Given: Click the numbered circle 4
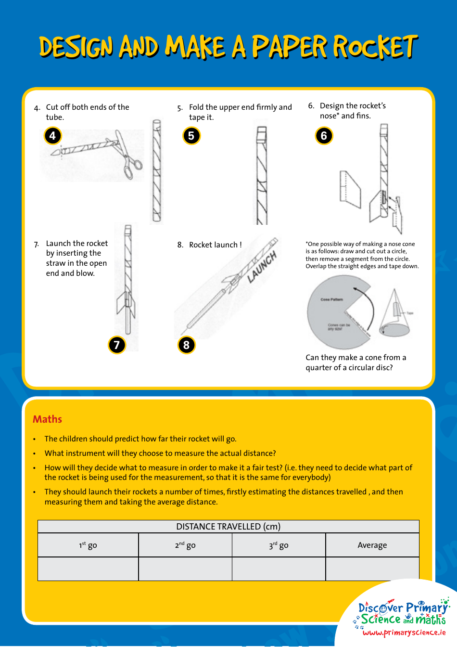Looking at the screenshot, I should point(52,136).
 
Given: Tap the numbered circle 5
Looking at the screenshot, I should point(191,136).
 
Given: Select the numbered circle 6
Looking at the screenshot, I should point(324,136).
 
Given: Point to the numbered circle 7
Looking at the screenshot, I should point(116,345).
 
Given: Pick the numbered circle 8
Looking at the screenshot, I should point(186,345).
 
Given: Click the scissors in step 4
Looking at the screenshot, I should point(127,155).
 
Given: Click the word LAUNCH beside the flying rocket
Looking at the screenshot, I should point(262,267).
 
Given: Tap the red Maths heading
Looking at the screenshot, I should point(47,419).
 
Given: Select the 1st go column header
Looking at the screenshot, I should point(88,545).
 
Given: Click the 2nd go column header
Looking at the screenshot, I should point(185,545).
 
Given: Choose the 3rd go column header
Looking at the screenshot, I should point(279,545).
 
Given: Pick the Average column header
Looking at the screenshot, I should point(372,545).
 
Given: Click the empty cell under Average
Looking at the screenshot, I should point(372,569).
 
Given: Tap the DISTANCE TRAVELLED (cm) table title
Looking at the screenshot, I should point(228,526).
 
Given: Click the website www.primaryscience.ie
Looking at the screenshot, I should point(404,633).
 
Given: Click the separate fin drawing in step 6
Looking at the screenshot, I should point(350,189).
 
